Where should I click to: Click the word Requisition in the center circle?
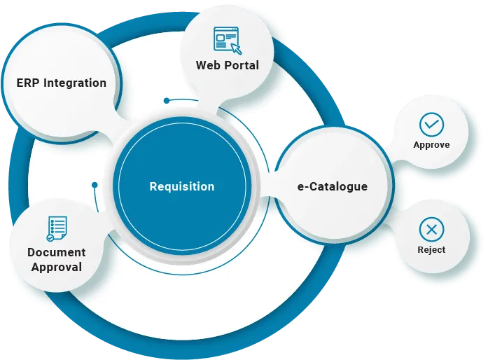182,187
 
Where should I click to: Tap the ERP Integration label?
62,83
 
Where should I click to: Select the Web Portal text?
227,65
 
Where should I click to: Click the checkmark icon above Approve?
431,124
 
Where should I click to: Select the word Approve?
431,145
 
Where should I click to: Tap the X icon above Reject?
431,228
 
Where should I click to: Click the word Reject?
431,249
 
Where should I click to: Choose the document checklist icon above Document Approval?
57,228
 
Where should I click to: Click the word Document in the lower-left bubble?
57,252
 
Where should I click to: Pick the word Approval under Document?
57,267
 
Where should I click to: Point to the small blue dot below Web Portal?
166,100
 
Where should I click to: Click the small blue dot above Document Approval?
94,186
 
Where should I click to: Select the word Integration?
75,83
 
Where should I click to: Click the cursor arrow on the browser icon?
236,48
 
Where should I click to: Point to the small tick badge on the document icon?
50,237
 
